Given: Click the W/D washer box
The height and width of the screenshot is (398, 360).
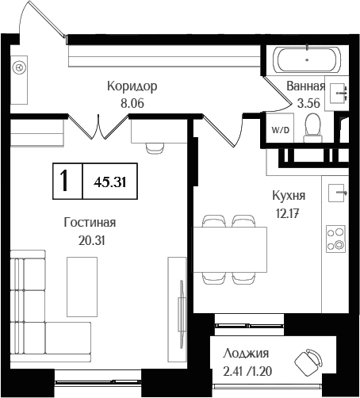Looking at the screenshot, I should [x=279, y=128].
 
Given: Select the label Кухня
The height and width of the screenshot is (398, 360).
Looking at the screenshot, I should [x=289, y=195].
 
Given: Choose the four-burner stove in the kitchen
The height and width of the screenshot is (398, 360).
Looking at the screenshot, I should [x=335, y=239].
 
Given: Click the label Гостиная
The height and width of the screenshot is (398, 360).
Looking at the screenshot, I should [x=90, y=223].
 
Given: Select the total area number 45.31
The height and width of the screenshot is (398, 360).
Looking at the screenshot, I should [x=110, y=182].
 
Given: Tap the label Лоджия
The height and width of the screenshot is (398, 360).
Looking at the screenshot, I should [x=246, y=354].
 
